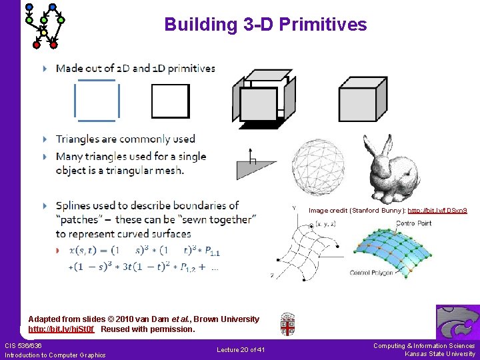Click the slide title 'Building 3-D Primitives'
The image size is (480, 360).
pyautogui.click(x=265, y=25)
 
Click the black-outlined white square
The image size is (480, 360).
pyautogui.click(x=170, y=101)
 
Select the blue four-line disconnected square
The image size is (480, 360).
pyautogui.click(x=97, y=101)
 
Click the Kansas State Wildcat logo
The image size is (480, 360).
pyautogui.click(x=457, y=323)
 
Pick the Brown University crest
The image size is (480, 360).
pyautogui.click(x=287, y=324)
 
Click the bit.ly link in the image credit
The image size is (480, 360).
pyautogui.click(x=437, y=211)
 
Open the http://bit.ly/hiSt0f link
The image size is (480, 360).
pyautogui.click(x=61, y=329)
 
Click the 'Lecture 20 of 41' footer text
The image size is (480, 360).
pyautogui.click(x=241, y=350)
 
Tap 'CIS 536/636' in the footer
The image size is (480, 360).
pyautogui.click(x=23, y=345)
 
